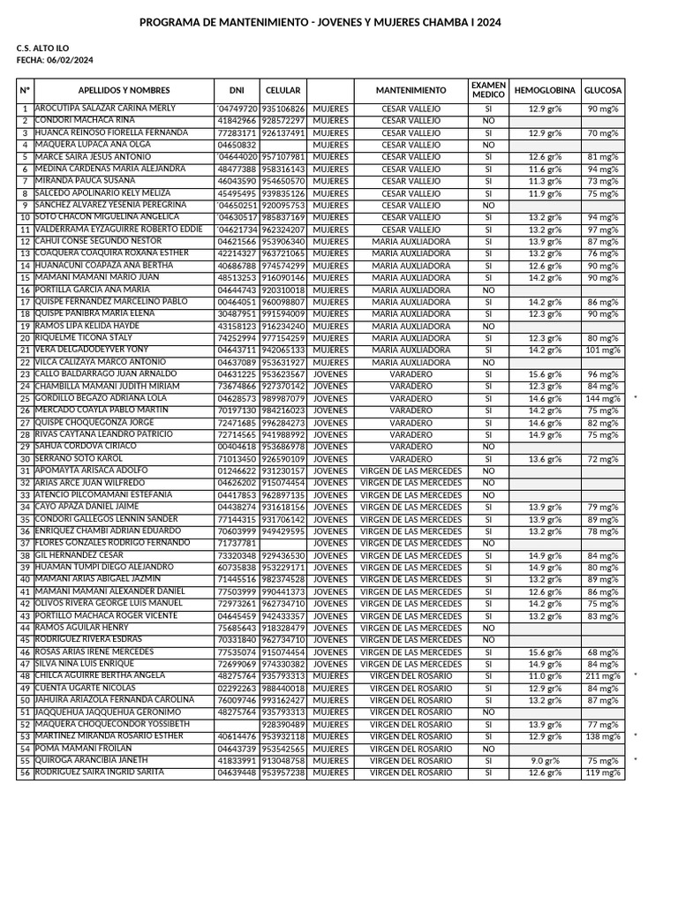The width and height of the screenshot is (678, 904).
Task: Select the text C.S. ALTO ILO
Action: pos(42,48)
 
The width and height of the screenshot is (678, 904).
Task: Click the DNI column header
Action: pos(237,91)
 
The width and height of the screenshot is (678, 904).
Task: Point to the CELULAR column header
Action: pos(282,91)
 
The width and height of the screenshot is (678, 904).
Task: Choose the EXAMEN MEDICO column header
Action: pos(488,90)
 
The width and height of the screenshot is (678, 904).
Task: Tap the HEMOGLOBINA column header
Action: pos(545,91)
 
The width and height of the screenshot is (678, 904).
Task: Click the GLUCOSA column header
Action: pos(603,91)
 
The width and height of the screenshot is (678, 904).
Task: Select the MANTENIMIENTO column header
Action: pos(411,91)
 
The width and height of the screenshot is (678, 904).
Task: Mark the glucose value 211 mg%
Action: pos(604,676)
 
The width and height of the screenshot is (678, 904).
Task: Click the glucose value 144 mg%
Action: pos(604,399)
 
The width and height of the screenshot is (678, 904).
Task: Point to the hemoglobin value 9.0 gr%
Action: pos(545,761)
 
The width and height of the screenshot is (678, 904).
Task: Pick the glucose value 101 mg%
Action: pos(604,350)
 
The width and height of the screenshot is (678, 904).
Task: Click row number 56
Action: pos(25,773)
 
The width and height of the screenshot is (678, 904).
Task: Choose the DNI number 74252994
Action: pos(237,338)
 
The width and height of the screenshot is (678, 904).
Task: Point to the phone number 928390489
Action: pos(283,725)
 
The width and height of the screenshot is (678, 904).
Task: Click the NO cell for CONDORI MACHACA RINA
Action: pos(488,121)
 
